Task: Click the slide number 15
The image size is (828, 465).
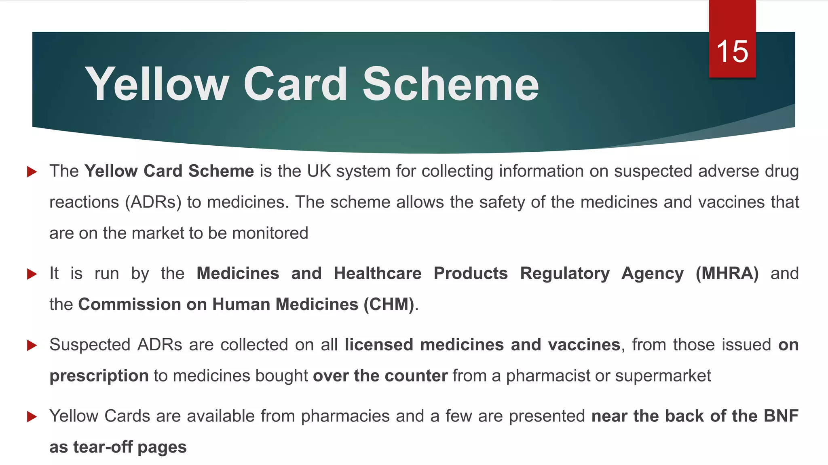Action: point(732,52)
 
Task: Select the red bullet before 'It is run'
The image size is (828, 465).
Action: point(32,274)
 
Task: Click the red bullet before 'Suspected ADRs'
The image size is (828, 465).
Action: point(32,346)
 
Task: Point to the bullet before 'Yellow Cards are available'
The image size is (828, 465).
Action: point(32,417)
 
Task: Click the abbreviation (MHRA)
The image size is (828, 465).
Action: point(727,273)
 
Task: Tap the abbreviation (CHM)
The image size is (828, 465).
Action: point(389,304)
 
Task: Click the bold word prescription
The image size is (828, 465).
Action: point(99,376)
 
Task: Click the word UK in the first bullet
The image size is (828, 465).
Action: point(319,171)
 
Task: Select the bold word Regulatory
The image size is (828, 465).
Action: point(565,273)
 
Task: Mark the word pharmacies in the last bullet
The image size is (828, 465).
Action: point(345,416)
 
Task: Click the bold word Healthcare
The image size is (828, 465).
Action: point(378,273)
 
